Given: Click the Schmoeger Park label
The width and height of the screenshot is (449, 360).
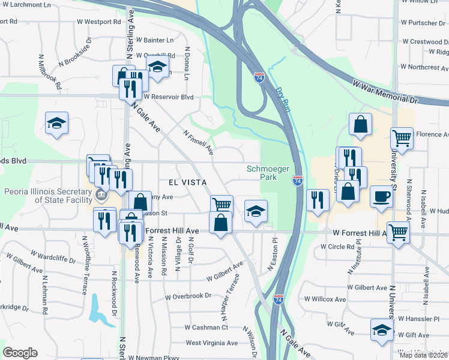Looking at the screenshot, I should point(264,173).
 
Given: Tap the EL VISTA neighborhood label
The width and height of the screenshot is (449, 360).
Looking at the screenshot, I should point(187,182).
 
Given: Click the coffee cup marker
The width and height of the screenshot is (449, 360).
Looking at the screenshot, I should point(381,197).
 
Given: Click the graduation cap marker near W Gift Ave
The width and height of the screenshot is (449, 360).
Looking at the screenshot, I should point(381,329).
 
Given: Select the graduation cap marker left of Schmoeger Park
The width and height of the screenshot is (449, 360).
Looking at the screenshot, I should point(256,211).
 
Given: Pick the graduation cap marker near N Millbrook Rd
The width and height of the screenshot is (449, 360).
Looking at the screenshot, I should point(57,124).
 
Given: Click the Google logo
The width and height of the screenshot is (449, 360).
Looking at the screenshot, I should point(20,353).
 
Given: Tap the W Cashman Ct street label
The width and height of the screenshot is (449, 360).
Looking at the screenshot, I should point(206,327).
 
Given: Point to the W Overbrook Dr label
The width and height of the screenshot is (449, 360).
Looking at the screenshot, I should point(188,296).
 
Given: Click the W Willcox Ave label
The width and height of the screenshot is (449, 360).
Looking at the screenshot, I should point(325,299).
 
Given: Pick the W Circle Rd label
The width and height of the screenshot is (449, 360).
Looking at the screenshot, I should point(337,247).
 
